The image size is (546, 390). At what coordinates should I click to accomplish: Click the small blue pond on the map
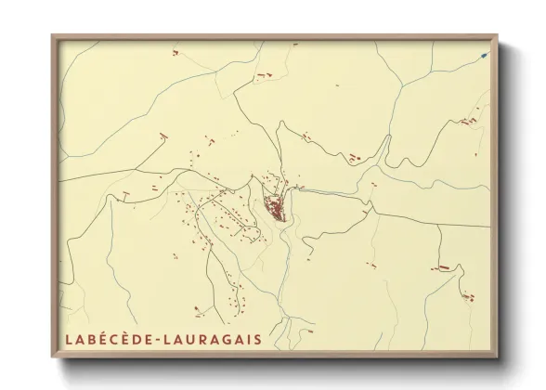pos(483,55)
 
